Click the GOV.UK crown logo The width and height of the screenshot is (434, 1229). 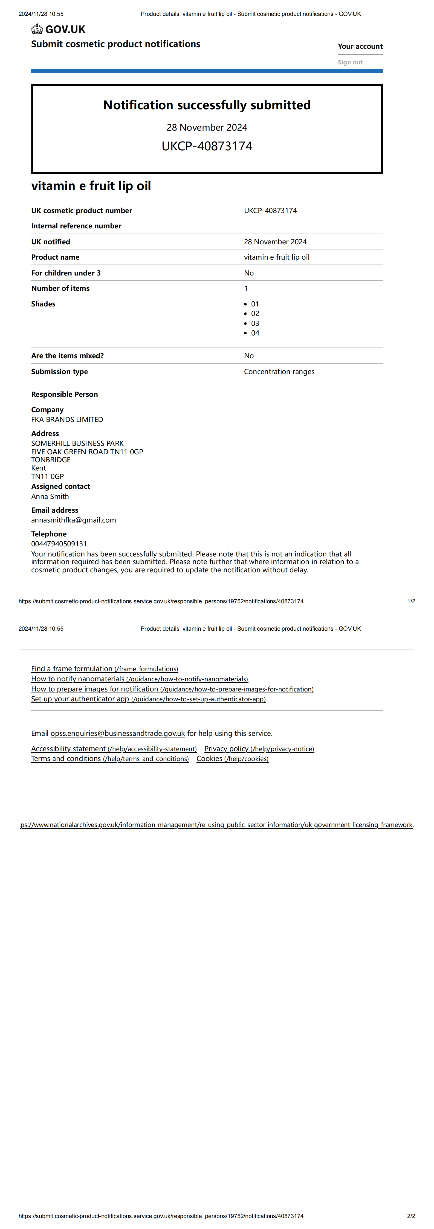(37, 29)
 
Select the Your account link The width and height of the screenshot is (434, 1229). (360, 46)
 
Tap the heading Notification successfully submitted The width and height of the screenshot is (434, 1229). (207, 105)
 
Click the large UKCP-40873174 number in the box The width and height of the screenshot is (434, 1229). (207, 146)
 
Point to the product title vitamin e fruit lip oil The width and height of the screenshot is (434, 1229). (91, 186)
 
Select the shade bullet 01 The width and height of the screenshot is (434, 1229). (255, 304)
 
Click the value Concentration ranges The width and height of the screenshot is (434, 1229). (279, 372)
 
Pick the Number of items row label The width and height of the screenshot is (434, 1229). (60, 288)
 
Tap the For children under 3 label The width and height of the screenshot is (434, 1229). (66, 273)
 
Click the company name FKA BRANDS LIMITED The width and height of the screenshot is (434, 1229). (67, 419)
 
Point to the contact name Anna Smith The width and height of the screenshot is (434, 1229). (50, 496)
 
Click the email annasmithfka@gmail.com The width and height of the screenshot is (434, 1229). (73, 520)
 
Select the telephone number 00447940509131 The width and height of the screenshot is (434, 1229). (59, 544)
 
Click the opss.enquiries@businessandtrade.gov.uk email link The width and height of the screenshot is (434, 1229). (117, 733)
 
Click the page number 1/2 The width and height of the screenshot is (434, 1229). (411, 601)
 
